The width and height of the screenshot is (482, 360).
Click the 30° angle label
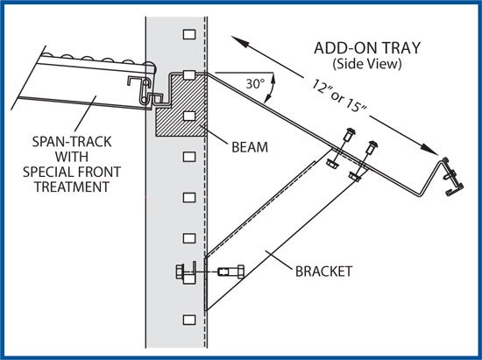(x=255, y=83)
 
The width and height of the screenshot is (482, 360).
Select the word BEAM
(x=250, y=147)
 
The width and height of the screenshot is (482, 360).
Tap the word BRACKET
(x=323, y=272)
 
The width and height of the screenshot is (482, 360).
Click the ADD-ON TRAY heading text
(x=367, y=48)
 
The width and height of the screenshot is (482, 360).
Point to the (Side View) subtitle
(x=366, y=64)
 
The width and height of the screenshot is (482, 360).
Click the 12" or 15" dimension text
(x=339, y=95)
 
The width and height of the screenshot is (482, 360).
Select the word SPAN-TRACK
(x=72, y=142)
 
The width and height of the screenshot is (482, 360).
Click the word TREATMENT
(x=72, y=187)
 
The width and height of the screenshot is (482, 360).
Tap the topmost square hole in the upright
(x=189, y=34)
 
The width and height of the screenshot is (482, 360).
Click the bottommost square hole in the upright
(x=189, y=320)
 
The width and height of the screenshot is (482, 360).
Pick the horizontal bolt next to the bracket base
(x=231, y=272)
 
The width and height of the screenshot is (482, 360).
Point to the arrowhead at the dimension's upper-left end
(x=239, y=42)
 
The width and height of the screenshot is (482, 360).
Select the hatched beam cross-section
(x=181, y=104)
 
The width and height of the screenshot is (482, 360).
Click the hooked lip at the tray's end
(x=452, y=177)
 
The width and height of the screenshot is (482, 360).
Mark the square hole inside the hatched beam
(x=189, y=116)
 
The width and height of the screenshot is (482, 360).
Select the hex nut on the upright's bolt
(x=180, y=272)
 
